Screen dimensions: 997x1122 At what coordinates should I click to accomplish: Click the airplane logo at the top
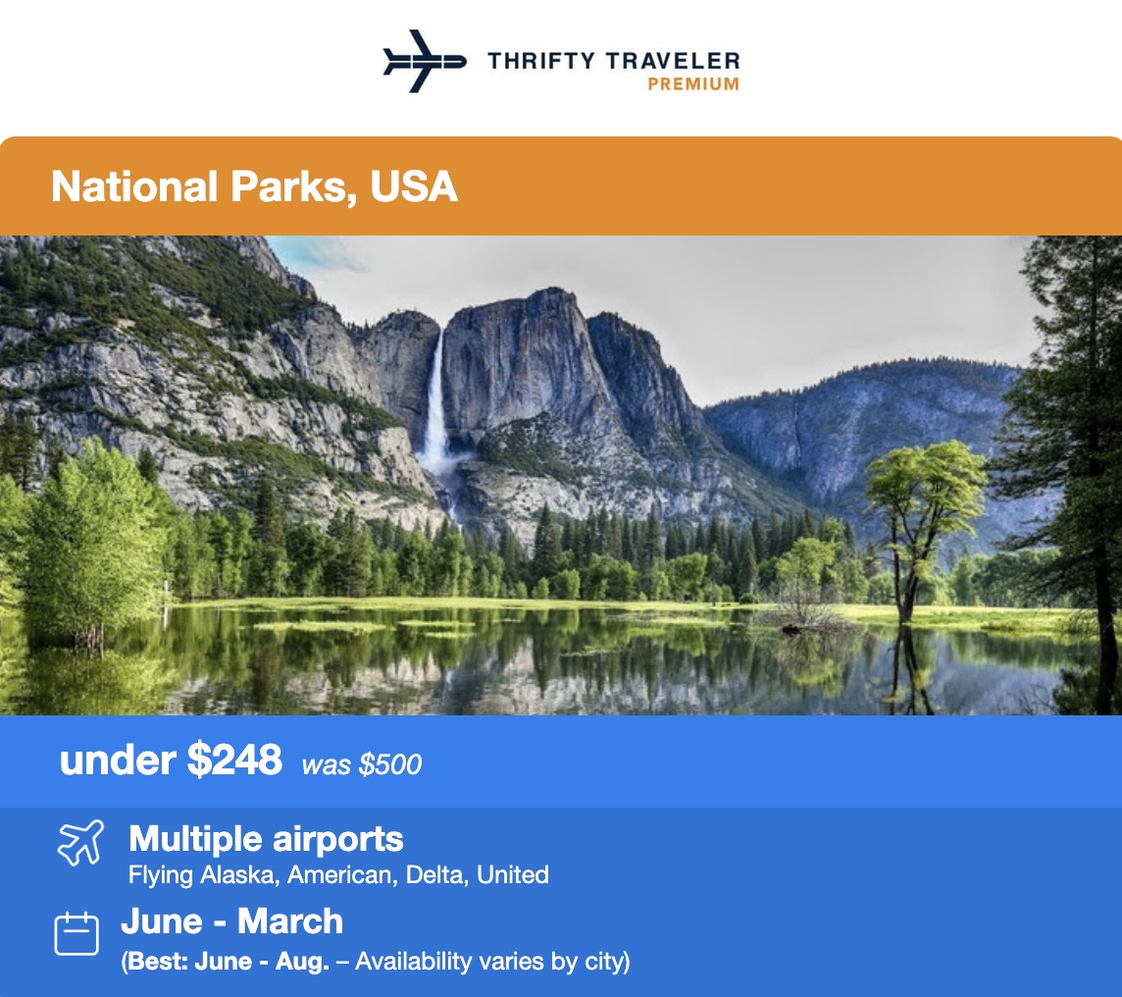[424, 61]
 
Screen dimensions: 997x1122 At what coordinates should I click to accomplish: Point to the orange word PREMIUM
[693, 84]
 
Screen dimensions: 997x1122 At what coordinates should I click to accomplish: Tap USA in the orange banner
[414, 186]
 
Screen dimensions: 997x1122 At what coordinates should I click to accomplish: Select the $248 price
[234, 760]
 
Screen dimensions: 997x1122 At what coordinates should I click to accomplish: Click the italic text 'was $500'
[361, 765]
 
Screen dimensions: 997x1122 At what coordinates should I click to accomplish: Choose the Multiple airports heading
[266, 839]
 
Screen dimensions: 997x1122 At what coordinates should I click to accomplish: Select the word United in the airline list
[512, 874]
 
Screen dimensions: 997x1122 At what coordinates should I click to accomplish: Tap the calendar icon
[76, 933]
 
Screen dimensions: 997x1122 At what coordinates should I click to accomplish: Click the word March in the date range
[290, 921]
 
